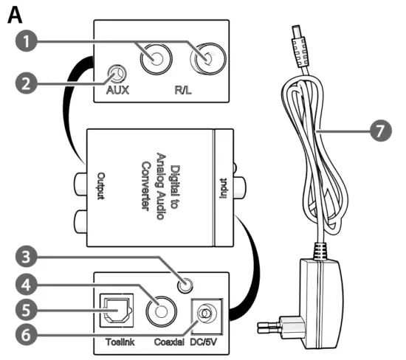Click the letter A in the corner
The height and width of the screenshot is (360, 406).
(x=13, y=15)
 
